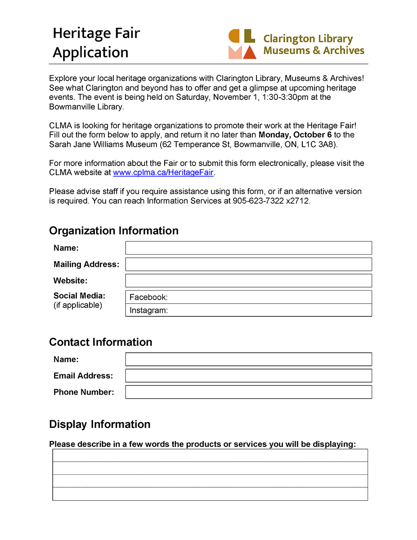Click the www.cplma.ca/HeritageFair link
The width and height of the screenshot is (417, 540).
tap(163, 172)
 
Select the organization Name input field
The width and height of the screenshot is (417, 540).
tap(248, 248)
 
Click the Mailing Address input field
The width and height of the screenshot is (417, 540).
tap(248, 264)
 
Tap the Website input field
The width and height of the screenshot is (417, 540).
tap(248, 280)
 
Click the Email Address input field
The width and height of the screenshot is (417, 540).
tap(248, 376)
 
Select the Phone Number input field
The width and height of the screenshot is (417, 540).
tap(248, 392)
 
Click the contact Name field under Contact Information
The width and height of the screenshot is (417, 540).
tap(248, 359)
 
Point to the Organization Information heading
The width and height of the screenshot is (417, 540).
tap(113, 231)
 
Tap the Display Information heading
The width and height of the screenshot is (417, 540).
tap(99, 424)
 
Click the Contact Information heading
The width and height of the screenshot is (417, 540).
tap(100, 342)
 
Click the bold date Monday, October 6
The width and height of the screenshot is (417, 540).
tap(295, 135)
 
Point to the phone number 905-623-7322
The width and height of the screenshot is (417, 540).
tap(258, 201)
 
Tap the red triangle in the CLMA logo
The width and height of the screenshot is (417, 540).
tap(249, 52)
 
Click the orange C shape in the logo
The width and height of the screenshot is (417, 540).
tap(234, 36)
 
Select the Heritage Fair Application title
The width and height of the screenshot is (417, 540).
tap(96, 43)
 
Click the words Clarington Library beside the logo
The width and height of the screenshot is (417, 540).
tap(308, 39)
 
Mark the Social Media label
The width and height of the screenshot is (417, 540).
tap(79, 296)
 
